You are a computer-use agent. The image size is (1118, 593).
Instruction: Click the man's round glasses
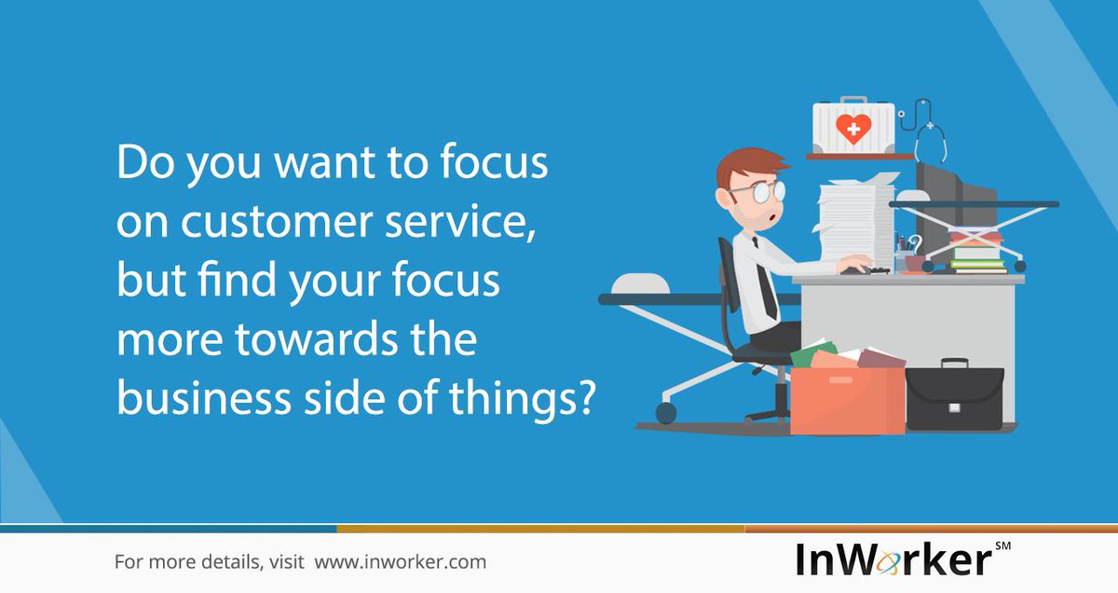click(757, 190)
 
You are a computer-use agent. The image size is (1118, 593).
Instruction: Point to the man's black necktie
click(767, 283)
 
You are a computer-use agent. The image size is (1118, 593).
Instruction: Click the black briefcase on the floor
click(954, 396)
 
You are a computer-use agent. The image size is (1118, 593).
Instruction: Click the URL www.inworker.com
click(400, 562)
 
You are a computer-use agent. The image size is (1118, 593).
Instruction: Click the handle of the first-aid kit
click(852, 101)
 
